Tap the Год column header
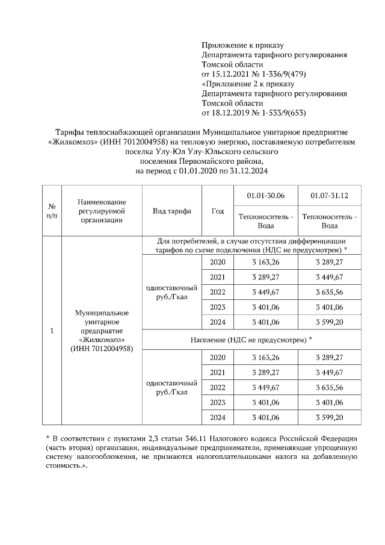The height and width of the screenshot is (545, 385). tap(217, 211)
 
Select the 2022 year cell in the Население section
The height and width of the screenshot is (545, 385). tap(217, 387)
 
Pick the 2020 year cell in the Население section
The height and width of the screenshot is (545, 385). tap(217, 357)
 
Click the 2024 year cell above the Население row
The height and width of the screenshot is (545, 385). tap(217, 322)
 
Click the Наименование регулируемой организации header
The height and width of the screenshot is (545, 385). tap(100, 211)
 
